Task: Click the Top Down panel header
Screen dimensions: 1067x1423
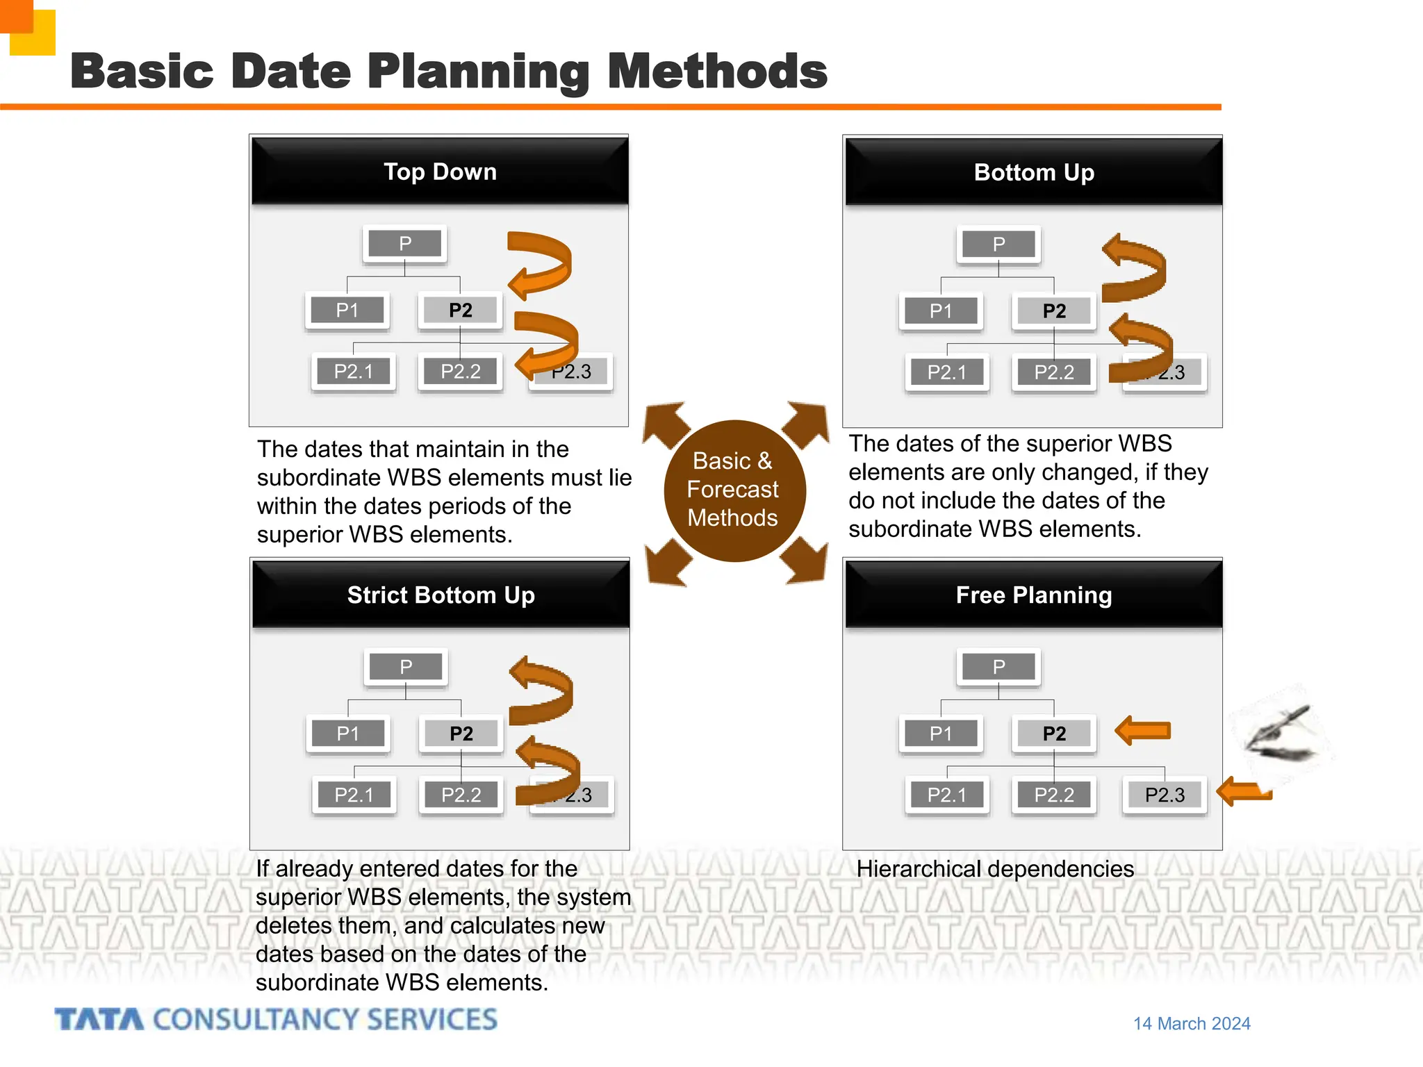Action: click(x=440, y=172)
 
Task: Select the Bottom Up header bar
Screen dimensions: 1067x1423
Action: click(x=1033, y=172)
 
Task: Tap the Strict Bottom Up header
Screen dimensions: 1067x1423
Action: click(x=441, y=595)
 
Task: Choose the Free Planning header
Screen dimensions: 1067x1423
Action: click(x=1033, y=595)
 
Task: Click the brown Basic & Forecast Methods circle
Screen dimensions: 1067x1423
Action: click(x=734, y=490)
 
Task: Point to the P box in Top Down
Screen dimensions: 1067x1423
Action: click(x=405, y=244)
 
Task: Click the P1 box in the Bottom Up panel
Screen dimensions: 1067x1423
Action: click(x=941, y=311)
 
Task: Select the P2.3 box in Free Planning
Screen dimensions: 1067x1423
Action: click(x=1165, y=795)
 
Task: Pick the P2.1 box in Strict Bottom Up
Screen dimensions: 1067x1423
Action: click(x=354, y=795)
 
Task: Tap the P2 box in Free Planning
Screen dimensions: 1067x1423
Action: click(x=1054, y=734)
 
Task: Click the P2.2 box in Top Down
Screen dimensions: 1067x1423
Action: click(x=460, y=372)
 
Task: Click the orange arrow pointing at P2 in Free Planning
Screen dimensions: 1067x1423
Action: click(x=1143, y=731)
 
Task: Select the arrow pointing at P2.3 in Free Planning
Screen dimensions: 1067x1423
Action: click(x=1244, y=791)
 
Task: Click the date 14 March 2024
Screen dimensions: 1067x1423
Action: click(x=1192, y=1023)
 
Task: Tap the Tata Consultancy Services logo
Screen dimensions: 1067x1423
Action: click(x=276, y=1020)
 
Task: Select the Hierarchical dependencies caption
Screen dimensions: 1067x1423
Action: click(x=994, y=869)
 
